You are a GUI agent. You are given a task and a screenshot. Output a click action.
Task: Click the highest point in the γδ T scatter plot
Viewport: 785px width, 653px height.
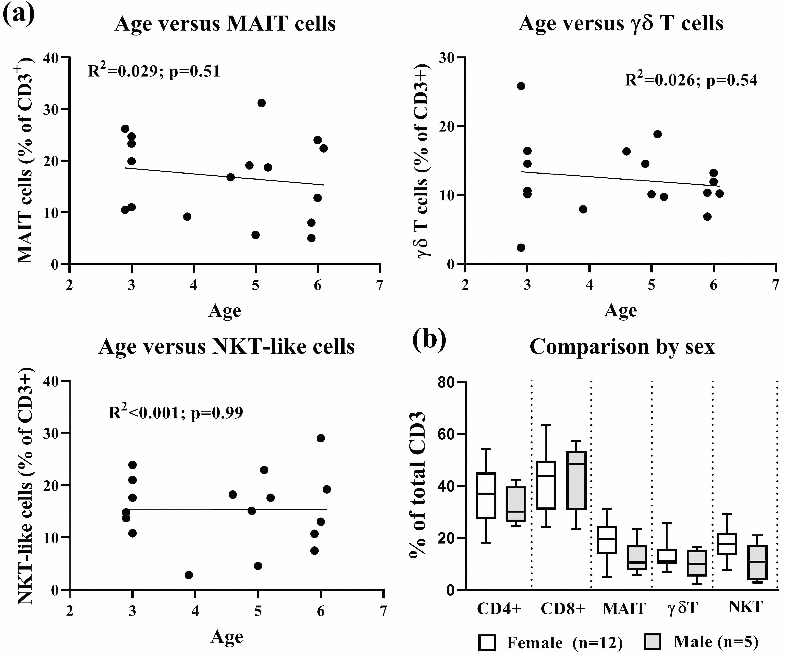[x=521, y=86]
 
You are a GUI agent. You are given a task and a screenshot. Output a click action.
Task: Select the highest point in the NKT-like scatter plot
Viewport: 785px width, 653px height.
[x=320, y=438]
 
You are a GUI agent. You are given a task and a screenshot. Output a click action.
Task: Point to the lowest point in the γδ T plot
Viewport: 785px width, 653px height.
[x=521, y=248]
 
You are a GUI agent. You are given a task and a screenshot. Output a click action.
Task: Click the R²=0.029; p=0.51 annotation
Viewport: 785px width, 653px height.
[x=154, y=71]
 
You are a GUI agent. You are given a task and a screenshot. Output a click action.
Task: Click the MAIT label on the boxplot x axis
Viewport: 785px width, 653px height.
[x=624, y=609]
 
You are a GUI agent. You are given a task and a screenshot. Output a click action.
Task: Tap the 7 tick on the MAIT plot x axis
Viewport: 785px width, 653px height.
[x=379, y=286]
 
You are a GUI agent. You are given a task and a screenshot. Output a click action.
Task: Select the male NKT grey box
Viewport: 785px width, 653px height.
[x=757, y=562]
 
